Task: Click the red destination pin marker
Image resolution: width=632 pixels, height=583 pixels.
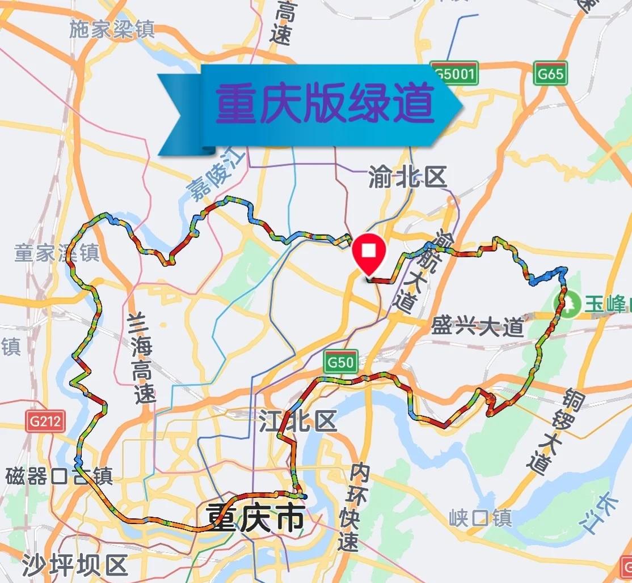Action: [369, 253]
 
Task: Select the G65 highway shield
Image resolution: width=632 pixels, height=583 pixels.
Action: [550, 74]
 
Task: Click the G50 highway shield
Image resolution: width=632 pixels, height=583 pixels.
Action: [340, 361]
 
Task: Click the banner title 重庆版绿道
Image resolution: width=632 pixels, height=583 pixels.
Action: [325, 104]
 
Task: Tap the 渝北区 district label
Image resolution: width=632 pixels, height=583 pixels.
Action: [407, 178]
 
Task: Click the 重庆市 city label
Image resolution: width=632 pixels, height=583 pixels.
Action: [255, 517]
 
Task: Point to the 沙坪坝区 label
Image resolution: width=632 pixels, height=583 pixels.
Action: [75, 564]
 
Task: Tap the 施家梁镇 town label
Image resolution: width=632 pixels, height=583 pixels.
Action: [112, 30]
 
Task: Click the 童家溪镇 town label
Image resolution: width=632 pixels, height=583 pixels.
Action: [57, 253]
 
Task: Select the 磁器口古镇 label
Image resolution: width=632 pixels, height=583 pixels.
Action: [60, 476]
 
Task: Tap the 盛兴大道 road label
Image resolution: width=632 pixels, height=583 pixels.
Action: [477, 327]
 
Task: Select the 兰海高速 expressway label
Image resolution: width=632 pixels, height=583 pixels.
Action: [141, 358]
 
